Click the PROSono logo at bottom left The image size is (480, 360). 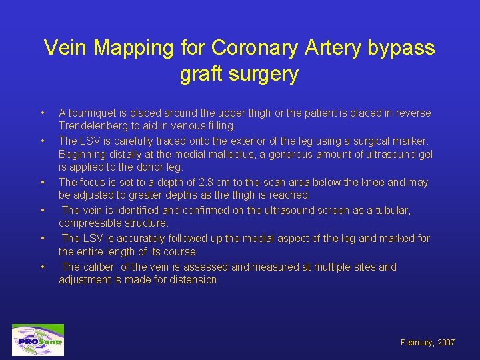[38, 340]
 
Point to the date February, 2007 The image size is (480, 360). [427, 343]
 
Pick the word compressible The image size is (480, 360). [89, 223]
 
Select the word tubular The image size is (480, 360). [392, 210]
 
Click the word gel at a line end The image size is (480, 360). [425, 154]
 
